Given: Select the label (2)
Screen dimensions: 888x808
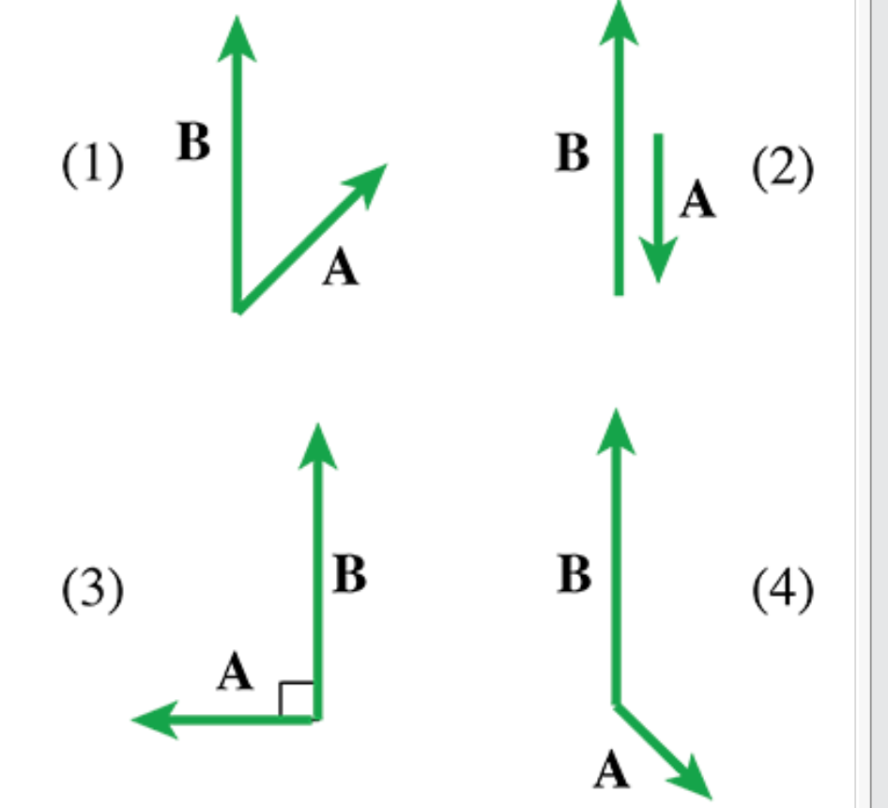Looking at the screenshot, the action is click(782, 170).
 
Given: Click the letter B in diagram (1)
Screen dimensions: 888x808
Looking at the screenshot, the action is click(193, 144).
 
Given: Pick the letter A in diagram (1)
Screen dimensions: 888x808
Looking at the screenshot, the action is click(341, 270).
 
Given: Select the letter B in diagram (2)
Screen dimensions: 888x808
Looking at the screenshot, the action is click(572, 153).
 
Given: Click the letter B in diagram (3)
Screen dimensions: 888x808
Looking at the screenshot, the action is click(349, 575).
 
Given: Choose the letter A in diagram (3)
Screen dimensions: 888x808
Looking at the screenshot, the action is click(236, 673).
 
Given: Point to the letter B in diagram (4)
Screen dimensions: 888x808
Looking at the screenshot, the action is click(574, 575).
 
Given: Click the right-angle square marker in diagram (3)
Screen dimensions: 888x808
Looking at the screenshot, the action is click(296, 699).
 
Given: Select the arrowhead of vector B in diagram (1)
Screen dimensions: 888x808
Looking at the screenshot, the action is click(237, 39).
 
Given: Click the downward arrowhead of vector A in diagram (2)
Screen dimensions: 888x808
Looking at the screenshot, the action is click(658, 258).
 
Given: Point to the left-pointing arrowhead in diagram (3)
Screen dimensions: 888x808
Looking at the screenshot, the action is click(156, 720).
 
